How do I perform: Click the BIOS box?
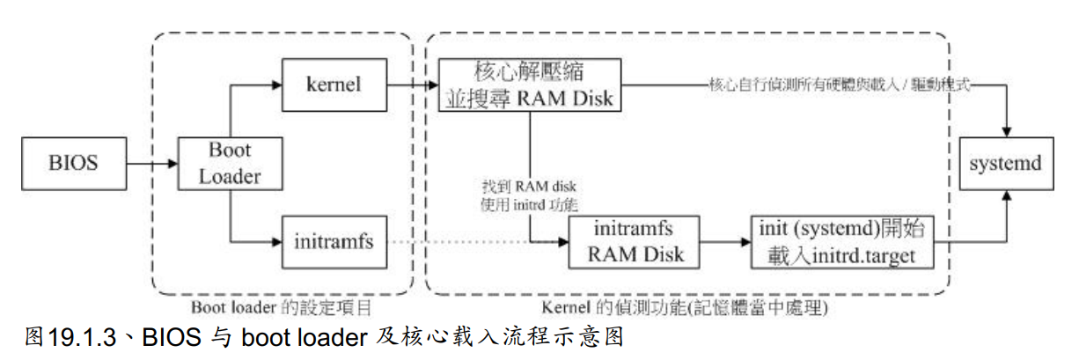click(76, 164)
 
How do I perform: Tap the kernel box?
click(334, 85)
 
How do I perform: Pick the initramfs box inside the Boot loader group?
click(334, 240)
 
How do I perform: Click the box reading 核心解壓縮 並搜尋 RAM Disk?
click(529, 85)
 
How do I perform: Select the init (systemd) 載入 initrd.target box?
click(841, 243)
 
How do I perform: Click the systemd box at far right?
click(1005, 164)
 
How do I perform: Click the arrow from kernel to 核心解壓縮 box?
click(414, 85)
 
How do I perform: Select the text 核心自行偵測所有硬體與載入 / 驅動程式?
click(840, 85)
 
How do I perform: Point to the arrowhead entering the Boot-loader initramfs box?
click(275, 240)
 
